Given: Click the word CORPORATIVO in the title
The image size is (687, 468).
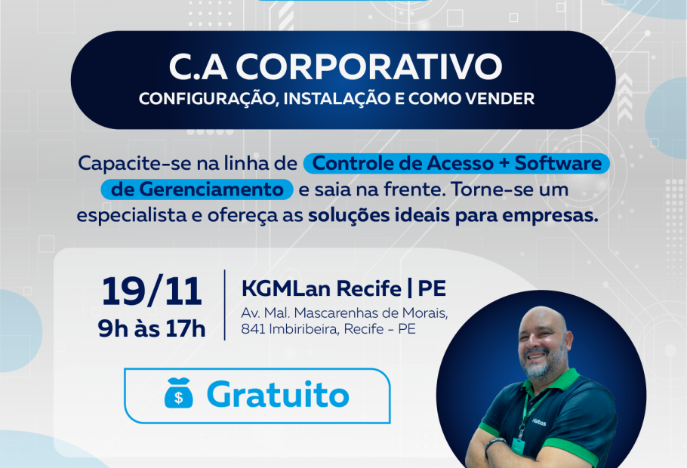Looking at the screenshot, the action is (x=369, y=66).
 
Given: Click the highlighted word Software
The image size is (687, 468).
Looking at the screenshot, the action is (x=558, y=163).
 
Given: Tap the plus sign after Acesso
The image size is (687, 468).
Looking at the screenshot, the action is (x=504, y=164).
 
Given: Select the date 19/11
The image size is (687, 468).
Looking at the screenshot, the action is (x=152, y=291).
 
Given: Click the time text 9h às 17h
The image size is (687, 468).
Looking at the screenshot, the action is (x=152, y=328).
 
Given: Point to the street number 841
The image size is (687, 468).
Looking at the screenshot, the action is (x=253, y=328).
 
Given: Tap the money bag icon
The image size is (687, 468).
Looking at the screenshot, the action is (x=178, y=393).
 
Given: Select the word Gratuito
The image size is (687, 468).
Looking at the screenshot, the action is (x=278, y=394).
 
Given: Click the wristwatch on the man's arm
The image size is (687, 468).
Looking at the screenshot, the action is (x=495, y=445).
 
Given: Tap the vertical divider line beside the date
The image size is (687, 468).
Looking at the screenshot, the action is (x=225, y=305).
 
